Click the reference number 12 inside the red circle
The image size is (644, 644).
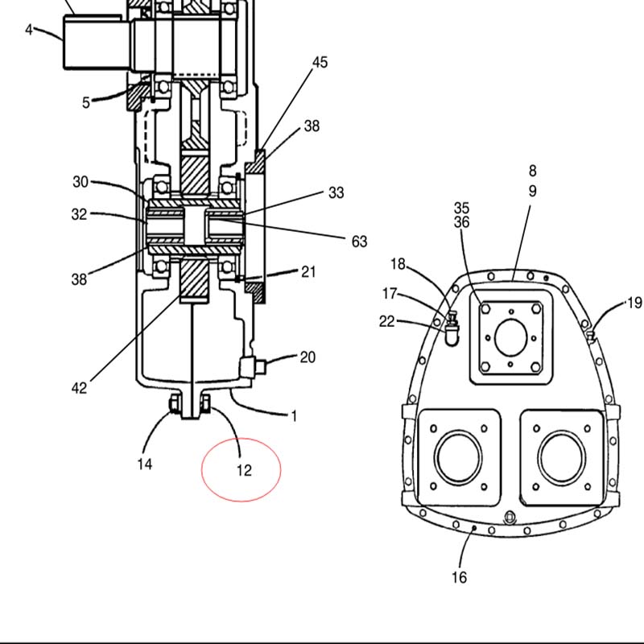pos(244,470)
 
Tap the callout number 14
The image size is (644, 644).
pos(145,464)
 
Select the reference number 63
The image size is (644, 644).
pos(359,242)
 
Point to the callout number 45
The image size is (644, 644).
pos(320,62)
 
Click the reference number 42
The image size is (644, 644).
pos(79,388)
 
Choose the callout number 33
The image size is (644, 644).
pos(336,192)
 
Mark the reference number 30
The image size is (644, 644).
pos(80,182)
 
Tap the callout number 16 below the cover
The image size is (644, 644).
pos(459,577)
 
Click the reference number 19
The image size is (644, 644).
pos(635,303)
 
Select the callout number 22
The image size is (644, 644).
pos(386,321)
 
